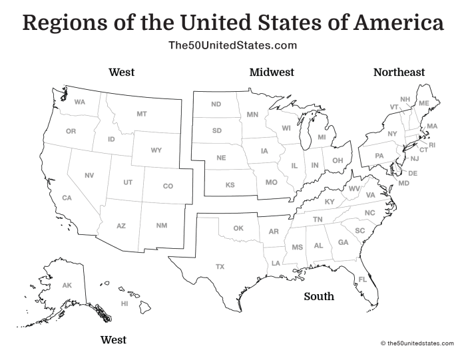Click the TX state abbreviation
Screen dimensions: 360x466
(x=220, y=267)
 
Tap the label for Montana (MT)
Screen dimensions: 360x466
(x=142, y=114)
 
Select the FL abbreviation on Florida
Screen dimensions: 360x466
(x=363, y=279)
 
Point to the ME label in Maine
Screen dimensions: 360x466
(x=424, y=103)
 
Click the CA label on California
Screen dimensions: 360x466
(x=67, y=198)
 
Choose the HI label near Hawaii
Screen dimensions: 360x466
(x=124, y=303)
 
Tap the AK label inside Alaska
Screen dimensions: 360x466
(x=67, y=285)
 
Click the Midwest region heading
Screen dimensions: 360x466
(x=272, y=72)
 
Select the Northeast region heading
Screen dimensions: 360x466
(x=399, y=72)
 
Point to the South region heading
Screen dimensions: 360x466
(x=319, y=296)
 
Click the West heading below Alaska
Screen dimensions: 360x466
(x=113, y=340)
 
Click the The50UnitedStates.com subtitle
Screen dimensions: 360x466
(x=232, y=45)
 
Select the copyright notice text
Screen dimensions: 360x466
(x=417, y=343)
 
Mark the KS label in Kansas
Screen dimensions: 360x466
(x=230, y=185)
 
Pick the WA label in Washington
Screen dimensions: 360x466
(x=80, y=102)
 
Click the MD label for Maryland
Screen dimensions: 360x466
(x=404, y=183)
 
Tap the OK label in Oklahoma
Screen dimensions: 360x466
(x=238, y=228)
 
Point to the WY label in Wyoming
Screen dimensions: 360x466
(x=156, y=150)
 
